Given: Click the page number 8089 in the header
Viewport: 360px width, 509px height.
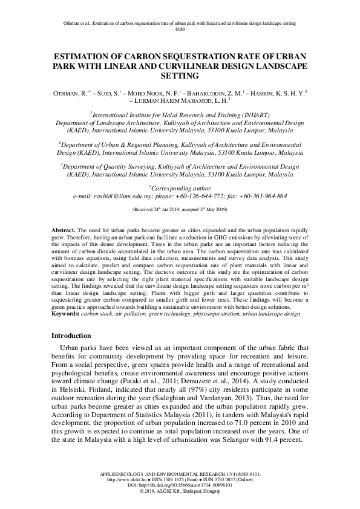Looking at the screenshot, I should [180, 29].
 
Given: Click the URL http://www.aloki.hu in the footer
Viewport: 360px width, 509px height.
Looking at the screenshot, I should [125, 481].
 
